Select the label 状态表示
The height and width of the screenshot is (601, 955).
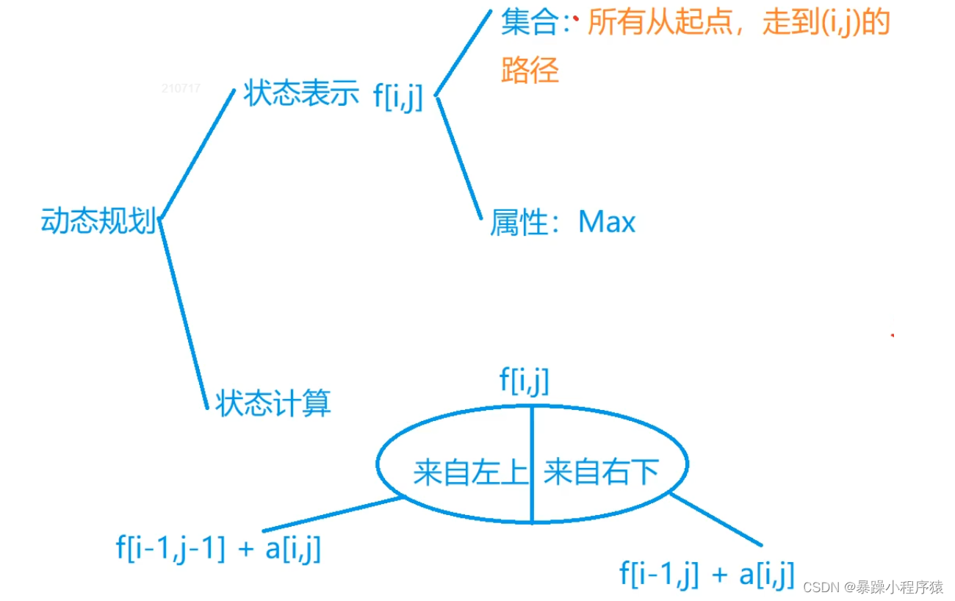301,95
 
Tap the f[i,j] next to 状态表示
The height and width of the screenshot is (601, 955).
398,97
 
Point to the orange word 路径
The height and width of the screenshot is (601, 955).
530,71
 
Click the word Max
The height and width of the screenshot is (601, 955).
607,222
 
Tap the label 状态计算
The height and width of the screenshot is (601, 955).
273,403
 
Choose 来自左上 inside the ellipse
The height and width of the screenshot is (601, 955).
470,472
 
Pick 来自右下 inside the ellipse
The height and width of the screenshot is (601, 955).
601,472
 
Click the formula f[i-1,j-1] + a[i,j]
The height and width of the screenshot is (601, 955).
218,549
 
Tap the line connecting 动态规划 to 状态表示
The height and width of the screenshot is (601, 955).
197,154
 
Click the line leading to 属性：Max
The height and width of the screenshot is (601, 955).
460,158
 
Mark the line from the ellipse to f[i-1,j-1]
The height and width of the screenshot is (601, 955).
332,514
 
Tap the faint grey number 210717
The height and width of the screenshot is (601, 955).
181,88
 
